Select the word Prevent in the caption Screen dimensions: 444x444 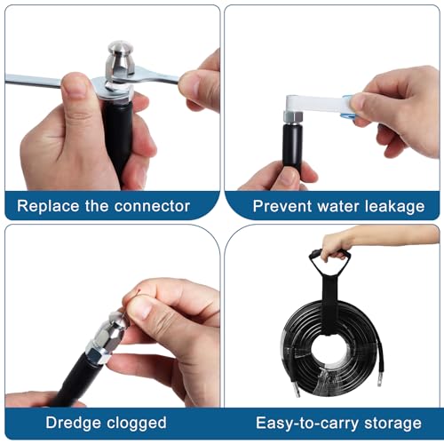click(281, 206)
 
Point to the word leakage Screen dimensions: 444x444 click(392, 206)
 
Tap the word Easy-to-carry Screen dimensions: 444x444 click(299, 423)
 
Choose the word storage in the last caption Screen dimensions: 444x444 click(387, 423)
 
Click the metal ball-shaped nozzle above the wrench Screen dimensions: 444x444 click(121, 60)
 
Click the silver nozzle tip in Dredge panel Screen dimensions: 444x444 click(116, 322)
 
